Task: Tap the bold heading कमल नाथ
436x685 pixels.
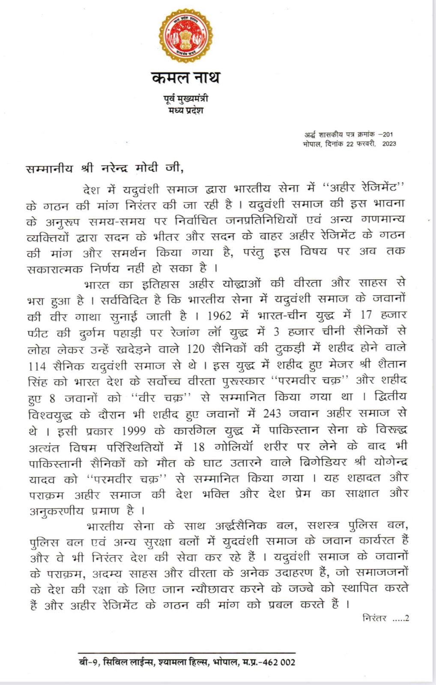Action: [185, 78]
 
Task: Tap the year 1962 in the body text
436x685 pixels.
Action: [219, 316]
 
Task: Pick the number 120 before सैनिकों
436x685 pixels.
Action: [196, 348]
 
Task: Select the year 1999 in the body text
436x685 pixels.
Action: [134, 430]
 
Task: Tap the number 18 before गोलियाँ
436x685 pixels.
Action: [198, 447]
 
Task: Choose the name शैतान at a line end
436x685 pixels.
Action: [390, 364]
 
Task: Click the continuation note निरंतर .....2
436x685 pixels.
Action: [385, 618]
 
